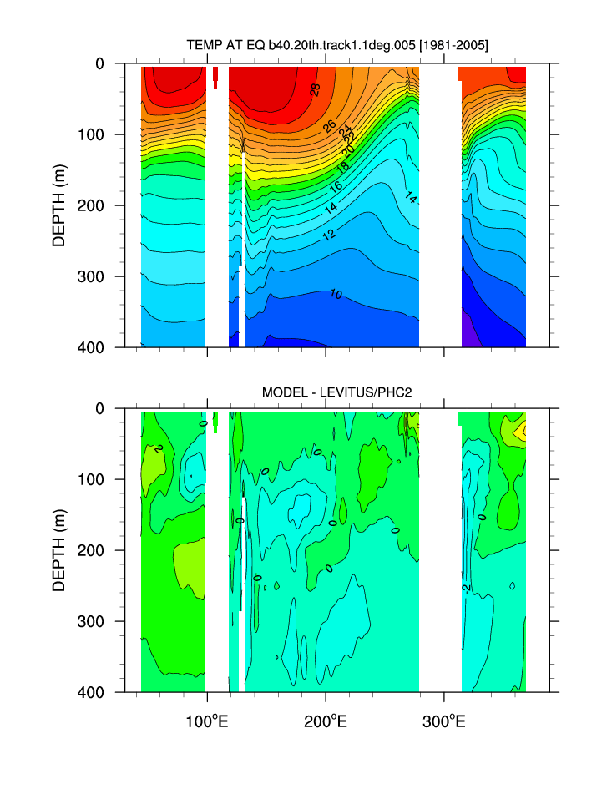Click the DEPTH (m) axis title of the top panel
point(58,205)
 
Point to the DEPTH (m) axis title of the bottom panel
point(58,550)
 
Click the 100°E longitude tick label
point(206,716)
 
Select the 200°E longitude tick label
point(326,716)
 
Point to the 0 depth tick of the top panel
point(99,63)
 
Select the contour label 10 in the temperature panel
point(336,294)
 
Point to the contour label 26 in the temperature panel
point(330,127)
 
